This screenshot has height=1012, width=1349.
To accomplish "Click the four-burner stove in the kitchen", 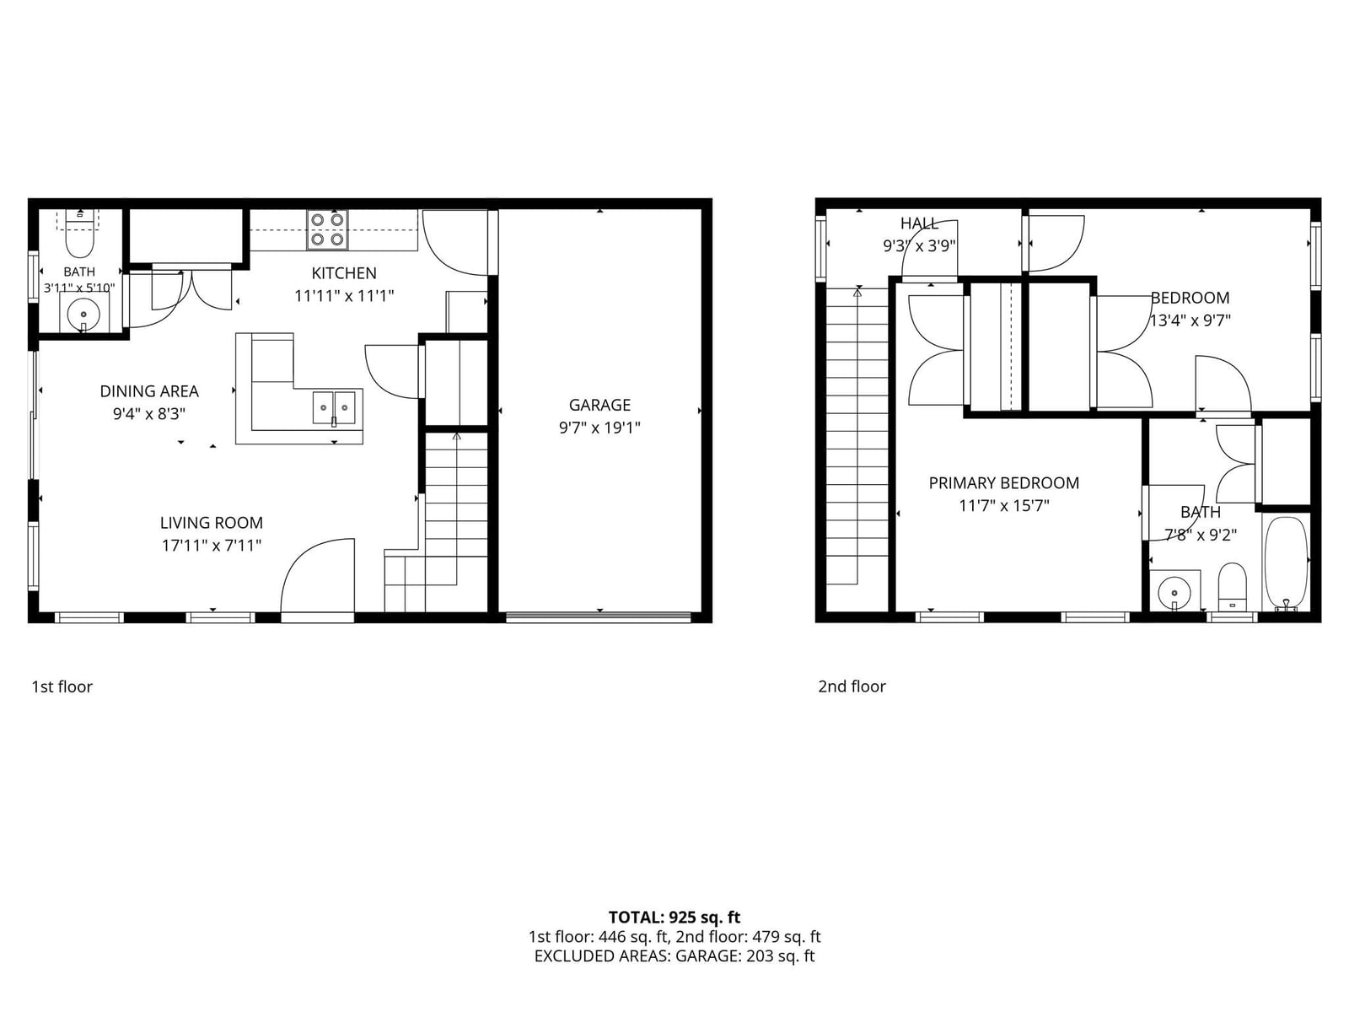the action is click(x=328, y=229).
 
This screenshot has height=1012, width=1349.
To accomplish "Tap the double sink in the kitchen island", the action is click(x=334, y=407).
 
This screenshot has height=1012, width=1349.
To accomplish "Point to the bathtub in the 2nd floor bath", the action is click(x=1285, y=564).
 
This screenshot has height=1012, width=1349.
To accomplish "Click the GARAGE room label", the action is click(x=599, y=405).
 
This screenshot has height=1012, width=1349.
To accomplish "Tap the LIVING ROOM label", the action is click(x=212, y=523).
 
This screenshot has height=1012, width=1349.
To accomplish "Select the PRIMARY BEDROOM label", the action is click(x=1003, y=483).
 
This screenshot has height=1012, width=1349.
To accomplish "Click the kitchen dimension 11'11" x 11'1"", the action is click(x=344, y=296).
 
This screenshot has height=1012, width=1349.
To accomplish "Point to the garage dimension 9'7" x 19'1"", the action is click(x=599, y=428).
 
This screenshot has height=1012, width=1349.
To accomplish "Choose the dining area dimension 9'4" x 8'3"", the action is click(x=148, y=414).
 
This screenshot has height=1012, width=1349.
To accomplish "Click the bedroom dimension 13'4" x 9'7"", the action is click(x=1190, y=320).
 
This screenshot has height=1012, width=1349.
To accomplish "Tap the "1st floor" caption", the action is click(x=62, y=686).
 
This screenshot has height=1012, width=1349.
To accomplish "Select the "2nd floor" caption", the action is click(x=852, y=686).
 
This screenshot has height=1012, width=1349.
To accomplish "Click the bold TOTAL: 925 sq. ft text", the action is click(x=674, y=918).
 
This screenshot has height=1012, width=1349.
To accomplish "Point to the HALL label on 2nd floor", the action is click(x=919, y=223).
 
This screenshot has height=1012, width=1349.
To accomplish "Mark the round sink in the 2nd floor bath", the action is click(x=1174, y=594).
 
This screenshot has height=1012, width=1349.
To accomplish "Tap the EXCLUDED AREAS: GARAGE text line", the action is click(x=674, y=956).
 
